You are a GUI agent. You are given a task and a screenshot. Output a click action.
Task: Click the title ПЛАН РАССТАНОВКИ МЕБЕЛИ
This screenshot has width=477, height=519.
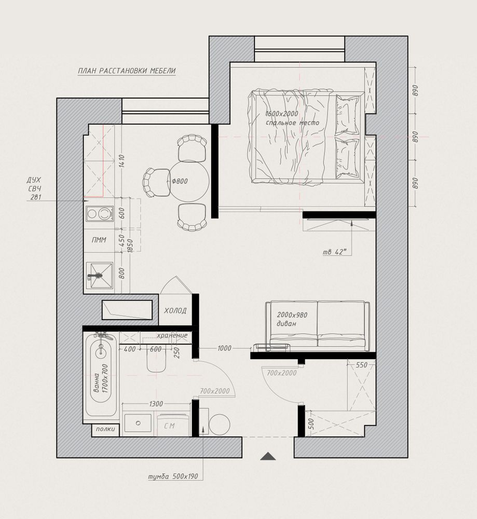[x=127, y=71]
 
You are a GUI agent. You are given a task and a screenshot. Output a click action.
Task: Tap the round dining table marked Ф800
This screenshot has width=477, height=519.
[x=189, y=181]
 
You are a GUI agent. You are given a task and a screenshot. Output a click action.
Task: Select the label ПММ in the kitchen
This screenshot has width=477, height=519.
[x=99, y=240]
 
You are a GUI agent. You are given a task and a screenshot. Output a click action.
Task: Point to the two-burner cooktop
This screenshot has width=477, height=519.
[x=99, y=213]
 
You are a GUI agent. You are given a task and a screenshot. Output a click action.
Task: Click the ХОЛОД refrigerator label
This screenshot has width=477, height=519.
[x=175, y=311]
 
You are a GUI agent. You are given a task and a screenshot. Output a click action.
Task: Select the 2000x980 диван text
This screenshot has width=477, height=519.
[x=292, y=319]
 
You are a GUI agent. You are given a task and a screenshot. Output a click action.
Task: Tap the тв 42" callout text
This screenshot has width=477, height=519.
[x=335, y=252]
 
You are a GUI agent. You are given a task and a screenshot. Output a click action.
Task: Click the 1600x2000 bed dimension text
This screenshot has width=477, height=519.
[x=282, y=114]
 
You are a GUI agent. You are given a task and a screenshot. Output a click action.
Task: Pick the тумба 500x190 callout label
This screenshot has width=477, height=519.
[x=173, y=476]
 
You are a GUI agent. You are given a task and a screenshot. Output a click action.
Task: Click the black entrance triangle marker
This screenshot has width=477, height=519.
[x=268, y=456]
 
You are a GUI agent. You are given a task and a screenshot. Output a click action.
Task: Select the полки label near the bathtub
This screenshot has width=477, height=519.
[x=105, y=429]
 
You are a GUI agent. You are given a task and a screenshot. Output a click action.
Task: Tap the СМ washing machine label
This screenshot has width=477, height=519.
[x=169, y=426]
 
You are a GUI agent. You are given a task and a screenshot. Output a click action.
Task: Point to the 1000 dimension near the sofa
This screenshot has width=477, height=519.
[x=224, y=348]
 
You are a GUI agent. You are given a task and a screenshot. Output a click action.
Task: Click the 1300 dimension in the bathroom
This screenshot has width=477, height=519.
[x=156, y=403]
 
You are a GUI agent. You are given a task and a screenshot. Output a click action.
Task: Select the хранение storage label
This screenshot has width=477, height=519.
[x=172, y=335]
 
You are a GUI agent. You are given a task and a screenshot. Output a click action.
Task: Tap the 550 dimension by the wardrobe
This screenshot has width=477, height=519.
[x=361, y=365]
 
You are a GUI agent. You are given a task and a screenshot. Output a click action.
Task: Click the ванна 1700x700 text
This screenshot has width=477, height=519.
[x=101, y=379]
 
